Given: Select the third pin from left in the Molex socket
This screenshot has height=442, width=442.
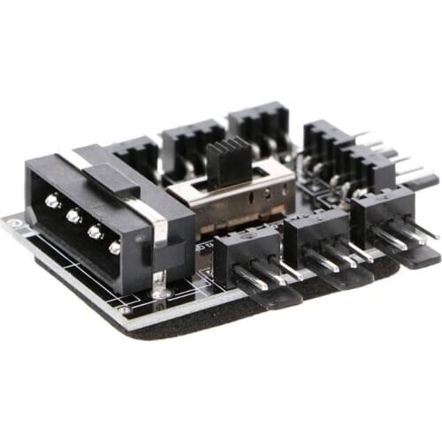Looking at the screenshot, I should pyautogui.click(x=94, y=232).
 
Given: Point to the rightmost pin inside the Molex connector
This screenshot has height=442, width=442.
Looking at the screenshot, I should pyautogui.click(x=115, y=248).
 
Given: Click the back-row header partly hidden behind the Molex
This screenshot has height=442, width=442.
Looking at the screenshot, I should pyautogui.click(x=137, y=156).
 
